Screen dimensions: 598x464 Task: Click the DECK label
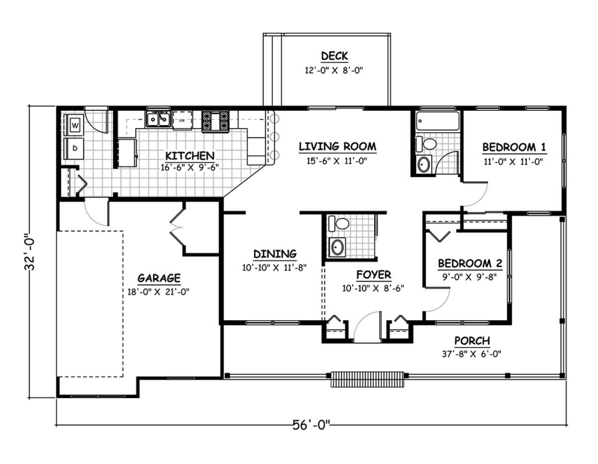coord(334,56)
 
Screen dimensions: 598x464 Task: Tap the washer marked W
coord(74,125)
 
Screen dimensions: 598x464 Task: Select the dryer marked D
coord(74,149)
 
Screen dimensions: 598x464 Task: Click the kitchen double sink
coord(157,119)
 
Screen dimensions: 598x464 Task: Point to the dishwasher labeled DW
coord(182,120)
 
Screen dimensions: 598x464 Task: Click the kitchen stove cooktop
coord(215,121)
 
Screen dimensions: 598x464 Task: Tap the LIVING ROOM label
coord(337,146)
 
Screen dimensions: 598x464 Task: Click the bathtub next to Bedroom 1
coord(437,121)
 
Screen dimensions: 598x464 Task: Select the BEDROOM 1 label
coord(514,147)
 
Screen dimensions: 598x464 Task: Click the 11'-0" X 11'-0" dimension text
coord(513,162)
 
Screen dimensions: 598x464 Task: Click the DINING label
coord(275,254)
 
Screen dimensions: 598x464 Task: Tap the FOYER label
coord(374,275)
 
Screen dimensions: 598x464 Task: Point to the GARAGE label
coord(159,278)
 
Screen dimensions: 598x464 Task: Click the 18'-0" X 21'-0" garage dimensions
coord(158,292)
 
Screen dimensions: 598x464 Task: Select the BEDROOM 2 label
coord(470,263)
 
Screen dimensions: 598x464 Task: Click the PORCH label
coord(472,341)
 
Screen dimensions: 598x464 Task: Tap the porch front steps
coord(367,379)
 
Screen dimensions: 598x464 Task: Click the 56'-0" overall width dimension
coord(311,425)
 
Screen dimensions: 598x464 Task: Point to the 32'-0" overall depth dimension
coord(30,252)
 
